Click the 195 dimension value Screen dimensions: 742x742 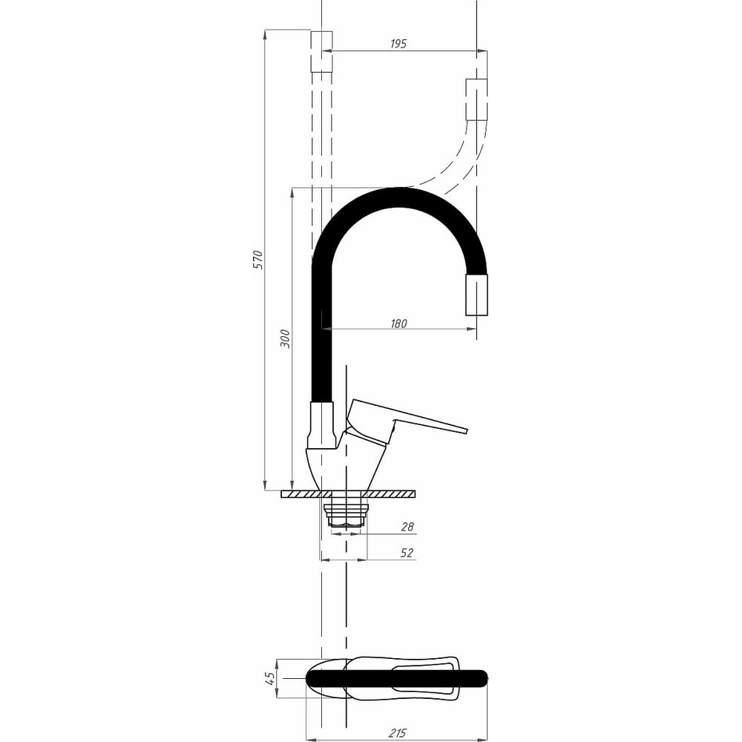[x=398, y=44]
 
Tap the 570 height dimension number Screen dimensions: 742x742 [x=258, y=259]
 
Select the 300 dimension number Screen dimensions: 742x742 [x=286, y=338]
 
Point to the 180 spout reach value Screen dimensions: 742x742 [x=398, y=324]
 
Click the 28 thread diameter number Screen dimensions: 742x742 [x=407, y=526]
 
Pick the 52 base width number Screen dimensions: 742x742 [x=407, y=552]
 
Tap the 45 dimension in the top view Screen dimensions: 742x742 [x=270, y=677]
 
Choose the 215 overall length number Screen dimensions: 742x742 [x=398, y=733]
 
